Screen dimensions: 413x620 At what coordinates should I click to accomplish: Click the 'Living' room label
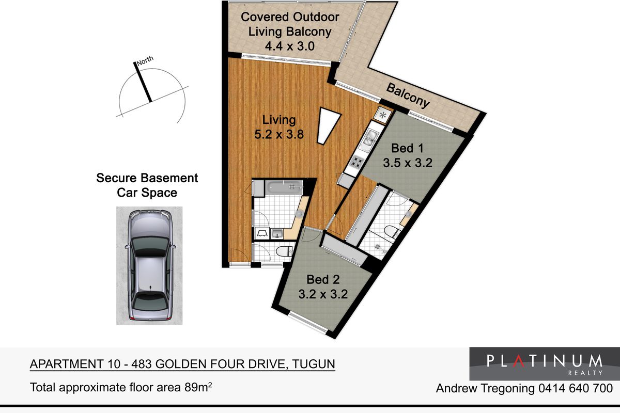279,120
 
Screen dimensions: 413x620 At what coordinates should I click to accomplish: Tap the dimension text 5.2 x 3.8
279,135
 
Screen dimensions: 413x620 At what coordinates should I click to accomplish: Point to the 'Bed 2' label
323,280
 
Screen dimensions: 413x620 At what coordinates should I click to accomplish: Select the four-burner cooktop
357,162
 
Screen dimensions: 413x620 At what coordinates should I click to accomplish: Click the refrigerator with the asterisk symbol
383,115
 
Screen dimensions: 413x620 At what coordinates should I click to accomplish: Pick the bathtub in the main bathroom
284,187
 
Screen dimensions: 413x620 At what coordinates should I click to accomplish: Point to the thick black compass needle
144,82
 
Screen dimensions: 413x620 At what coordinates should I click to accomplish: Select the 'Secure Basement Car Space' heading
147,185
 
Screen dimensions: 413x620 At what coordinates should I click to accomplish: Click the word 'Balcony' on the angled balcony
408,96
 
